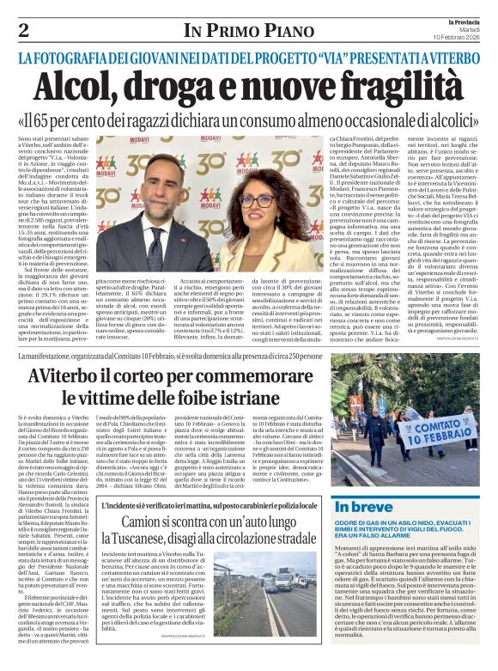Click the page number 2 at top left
[23, 31]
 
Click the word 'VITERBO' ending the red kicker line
[451, 58]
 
